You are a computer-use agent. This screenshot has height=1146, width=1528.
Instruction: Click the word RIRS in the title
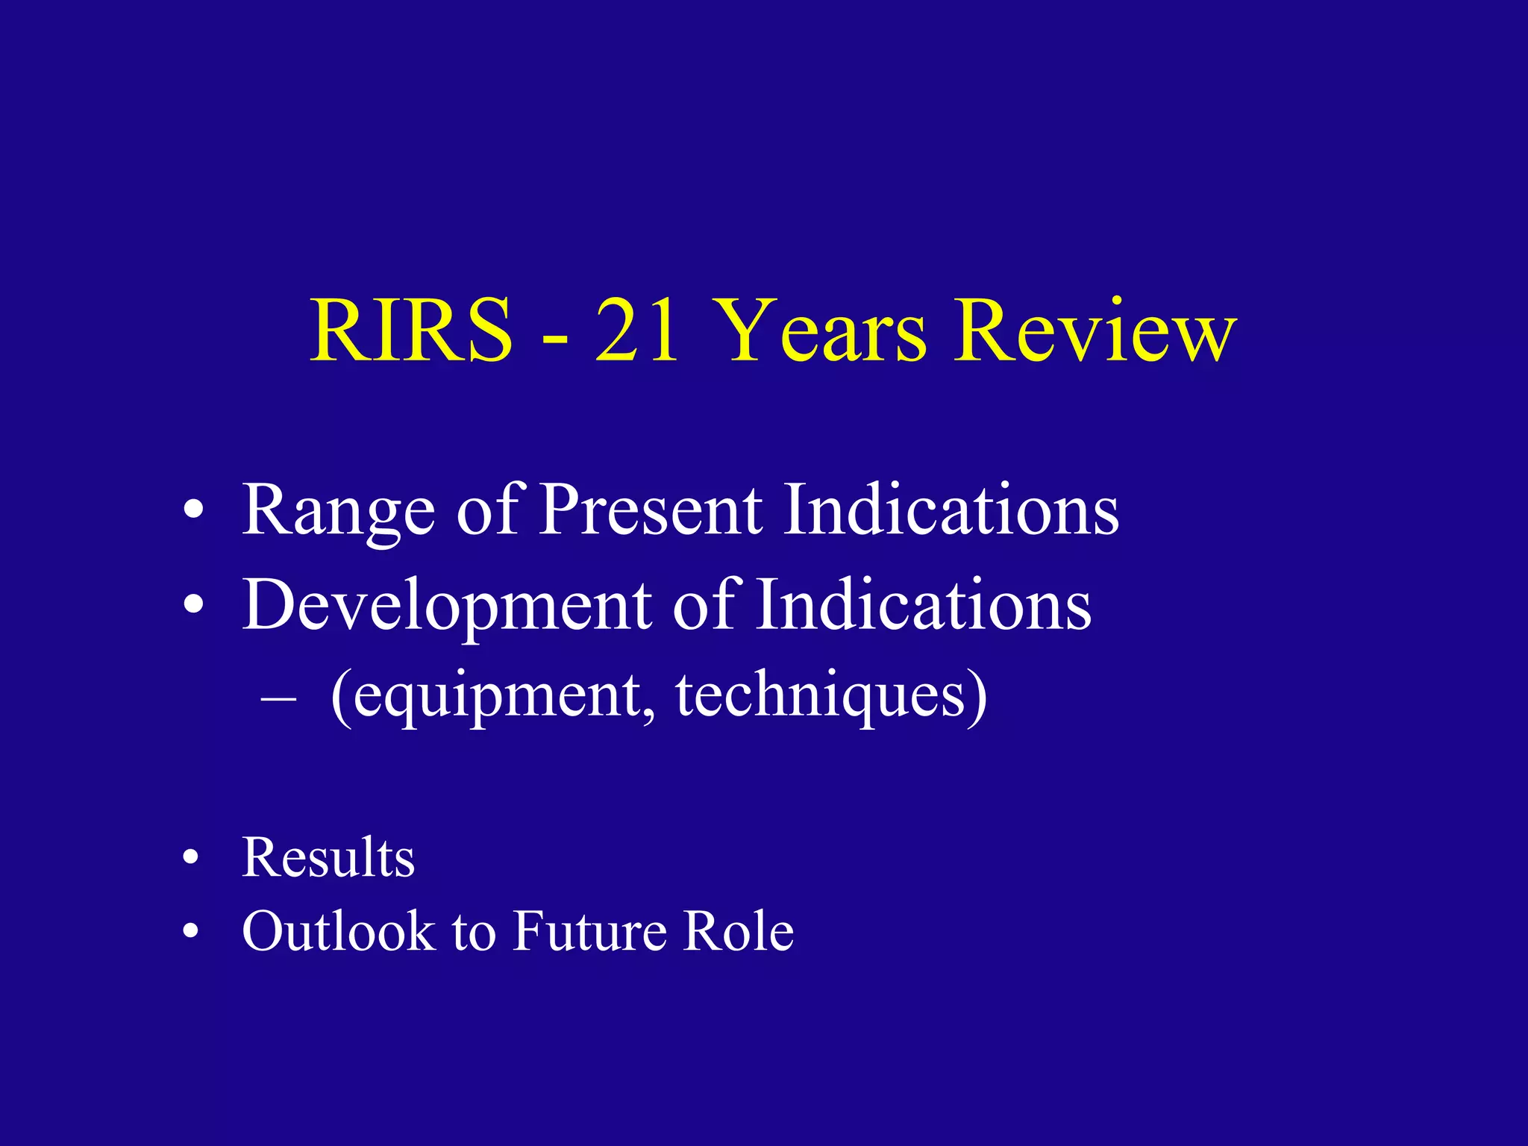pyautogui.click(x=411, y=330)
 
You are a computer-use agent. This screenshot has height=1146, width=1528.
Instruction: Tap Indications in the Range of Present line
pyautogui.click(x=951, y=509)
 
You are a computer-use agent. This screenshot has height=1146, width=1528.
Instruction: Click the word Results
pyautogui.click(x=328, y=858)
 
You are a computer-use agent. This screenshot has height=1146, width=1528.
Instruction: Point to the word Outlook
pyautogui.click(x=338, y=931)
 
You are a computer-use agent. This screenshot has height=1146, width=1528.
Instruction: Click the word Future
pyautogui.click(x=590, y=931)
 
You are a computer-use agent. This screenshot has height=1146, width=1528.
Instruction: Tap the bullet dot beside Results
pyautogui.click(x=192, y=859)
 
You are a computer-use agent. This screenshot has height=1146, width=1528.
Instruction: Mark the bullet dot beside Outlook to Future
pyautogui.click(x=192, y=932)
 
